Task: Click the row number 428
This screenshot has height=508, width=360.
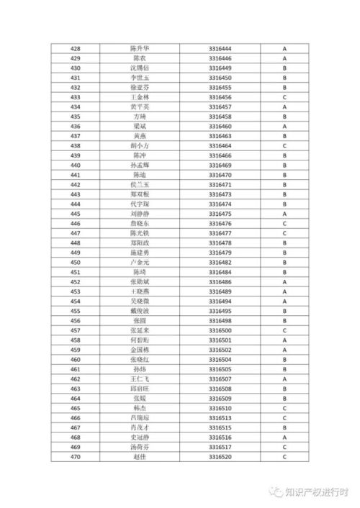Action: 76,48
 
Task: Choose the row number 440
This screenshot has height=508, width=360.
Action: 76,165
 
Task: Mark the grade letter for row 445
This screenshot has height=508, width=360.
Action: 285,214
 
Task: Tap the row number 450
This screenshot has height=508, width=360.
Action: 76,263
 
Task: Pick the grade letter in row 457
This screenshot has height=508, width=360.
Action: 285,330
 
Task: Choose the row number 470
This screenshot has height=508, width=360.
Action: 76,457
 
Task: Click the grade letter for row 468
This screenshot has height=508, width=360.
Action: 285,437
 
